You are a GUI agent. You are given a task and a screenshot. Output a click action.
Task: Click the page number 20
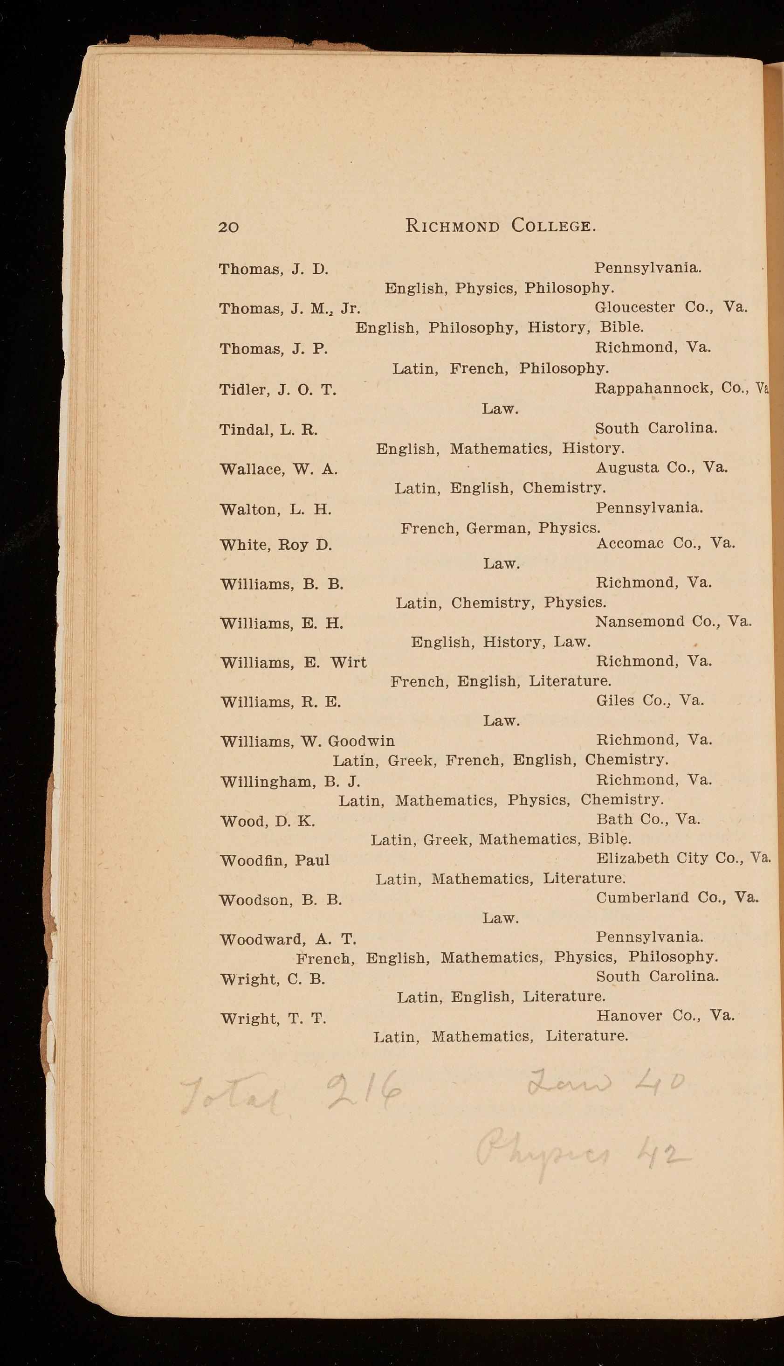pos(228,227)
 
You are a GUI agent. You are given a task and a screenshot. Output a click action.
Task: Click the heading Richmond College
pos(500,225)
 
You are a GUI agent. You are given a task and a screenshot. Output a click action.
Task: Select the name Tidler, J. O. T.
pos(278,389)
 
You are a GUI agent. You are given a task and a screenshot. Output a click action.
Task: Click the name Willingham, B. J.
pos(290,782)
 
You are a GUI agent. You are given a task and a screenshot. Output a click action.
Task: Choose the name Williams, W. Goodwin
pos(308,742)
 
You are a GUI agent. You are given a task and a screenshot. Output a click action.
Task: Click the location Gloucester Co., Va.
pos(671,307)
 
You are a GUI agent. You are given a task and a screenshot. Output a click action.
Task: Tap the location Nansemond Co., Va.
pos(673,622)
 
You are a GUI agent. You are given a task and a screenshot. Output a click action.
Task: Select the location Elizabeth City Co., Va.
pos(683,858)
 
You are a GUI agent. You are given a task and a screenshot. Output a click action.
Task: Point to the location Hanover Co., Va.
pos(666,1016)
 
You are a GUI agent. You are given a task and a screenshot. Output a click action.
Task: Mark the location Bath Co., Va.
pos(648,819)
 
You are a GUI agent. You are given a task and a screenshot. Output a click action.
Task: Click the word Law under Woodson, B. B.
pos(500,918)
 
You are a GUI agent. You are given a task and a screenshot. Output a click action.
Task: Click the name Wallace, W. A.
pos(279,470)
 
